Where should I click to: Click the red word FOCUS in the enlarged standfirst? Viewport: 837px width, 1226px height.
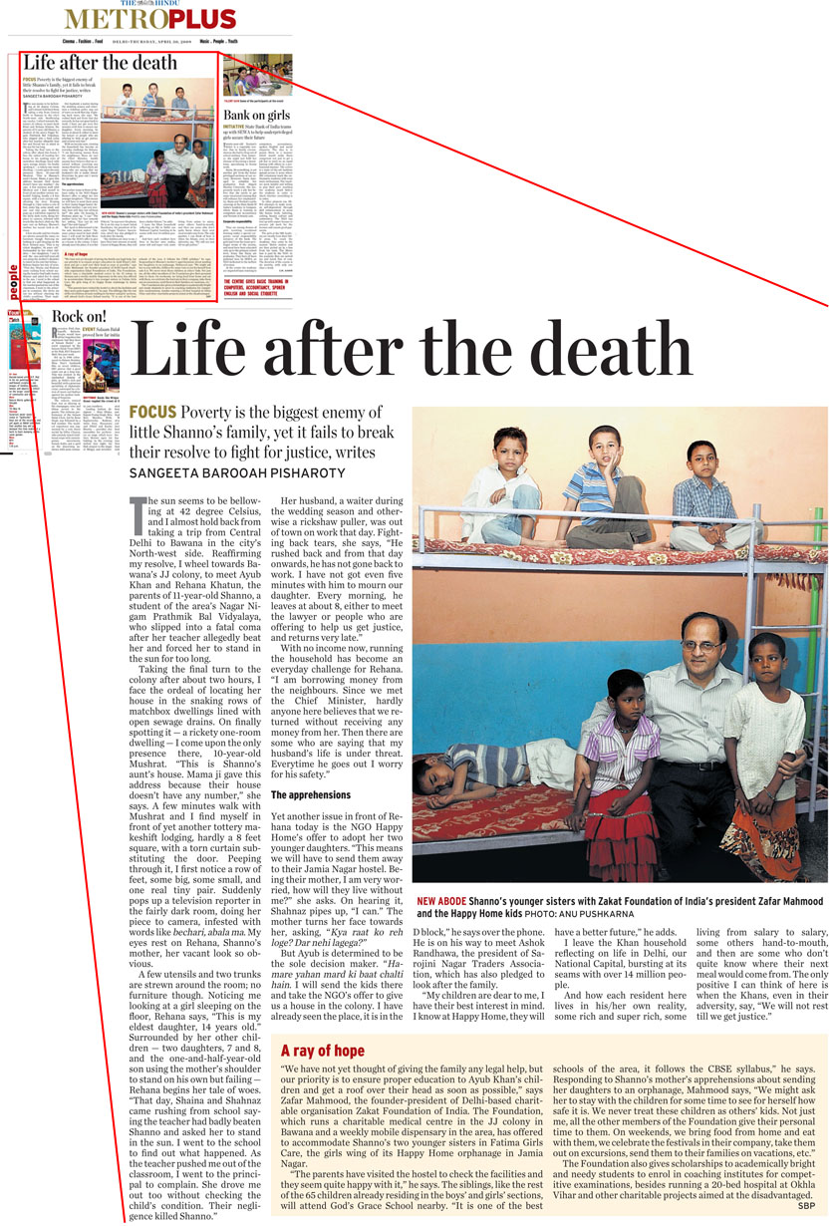click(x=153, y=413)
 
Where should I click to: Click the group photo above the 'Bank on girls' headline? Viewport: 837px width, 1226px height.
click(x=257, y=76)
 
